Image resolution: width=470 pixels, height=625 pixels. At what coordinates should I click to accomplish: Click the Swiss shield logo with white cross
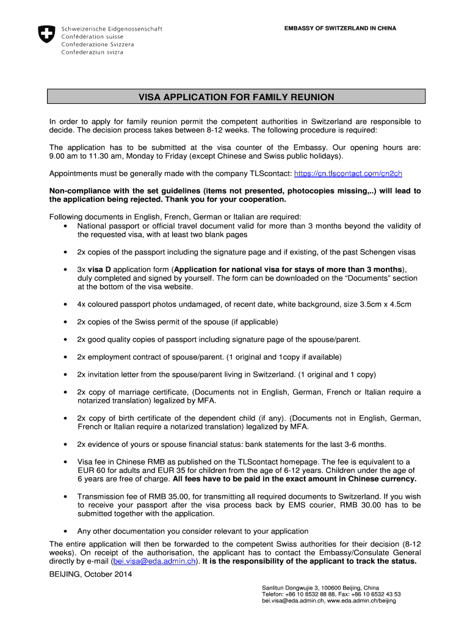click(46, 34)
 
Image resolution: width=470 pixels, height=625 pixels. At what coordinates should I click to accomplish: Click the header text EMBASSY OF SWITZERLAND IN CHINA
click(340, 29)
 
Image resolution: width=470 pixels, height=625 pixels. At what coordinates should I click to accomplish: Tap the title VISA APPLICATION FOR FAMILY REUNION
click(236, 97)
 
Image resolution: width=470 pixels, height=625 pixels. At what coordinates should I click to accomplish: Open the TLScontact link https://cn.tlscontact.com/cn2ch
click(348, 173)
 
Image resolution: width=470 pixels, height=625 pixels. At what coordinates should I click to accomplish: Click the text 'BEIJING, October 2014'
click(90, 574)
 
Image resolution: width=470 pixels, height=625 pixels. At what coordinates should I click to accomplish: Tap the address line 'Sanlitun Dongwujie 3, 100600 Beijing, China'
click(320, 587)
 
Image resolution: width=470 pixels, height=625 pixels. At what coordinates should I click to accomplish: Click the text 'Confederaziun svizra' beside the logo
click(92, 52)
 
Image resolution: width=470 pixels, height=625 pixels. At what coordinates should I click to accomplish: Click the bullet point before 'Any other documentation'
click(65, 531)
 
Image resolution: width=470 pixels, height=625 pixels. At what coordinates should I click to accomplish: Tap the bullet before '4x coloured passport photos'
click(65, 304)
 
